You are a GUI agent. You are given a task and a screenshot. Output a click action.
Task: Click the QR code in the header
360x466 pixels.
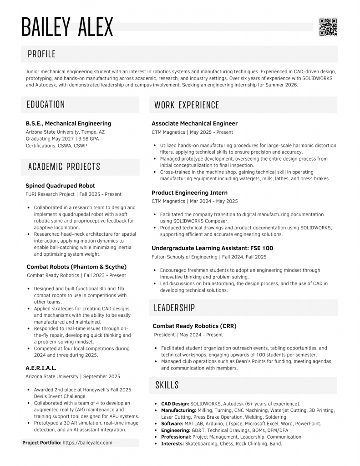coord(328,27)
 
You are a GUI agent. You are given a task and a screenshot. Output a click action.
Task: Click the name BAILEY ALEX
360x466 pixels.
coord(67,27)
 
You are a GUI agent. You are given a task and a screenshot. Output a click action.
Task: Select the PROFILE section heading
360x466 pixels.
coord(41,54)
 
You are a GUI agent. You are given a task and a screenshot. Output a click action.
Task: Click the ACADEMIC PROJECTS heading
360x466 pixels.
coord(64,167)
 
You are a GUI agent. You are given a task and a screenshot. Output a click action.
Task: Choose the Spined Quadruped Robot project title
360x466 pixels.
coord(60,186)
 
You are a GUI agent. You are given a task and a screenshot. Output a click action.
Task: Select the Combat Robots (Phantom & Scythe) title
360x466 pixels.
coord(76,267)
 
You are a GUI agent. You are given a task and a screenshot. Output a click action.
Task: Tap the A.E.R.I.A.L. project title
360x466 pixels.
coord(41,368)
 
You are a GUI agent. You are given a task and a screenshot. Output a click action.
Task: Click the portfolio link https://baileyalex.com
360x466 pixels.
coord(87,442)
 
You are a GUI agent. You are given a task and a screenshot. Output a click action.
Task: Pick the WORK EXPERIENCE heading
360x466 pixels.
coord(187,105)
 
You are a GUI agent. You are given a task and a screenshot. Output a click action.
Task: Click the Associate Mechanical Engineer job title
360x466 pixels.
coord(194,123)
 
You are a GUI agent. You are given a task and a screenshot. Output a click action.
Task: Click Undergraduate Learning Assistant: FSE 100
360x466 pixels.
coord(212,248)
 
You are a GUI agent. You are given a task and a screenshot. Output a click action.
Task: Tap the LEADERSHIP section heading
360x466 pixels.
coord(174,308)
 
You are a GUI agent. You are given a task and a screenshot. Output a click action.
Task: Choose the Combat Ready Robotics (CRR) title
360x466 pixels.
coord(194,326)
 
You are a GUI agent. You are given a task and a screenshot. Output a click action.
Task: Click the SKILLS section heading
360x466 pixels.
coord(167,385)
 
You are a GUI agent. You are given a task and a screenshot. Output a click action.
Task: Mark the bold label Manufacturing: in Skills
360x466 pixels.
coord(178,410)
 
